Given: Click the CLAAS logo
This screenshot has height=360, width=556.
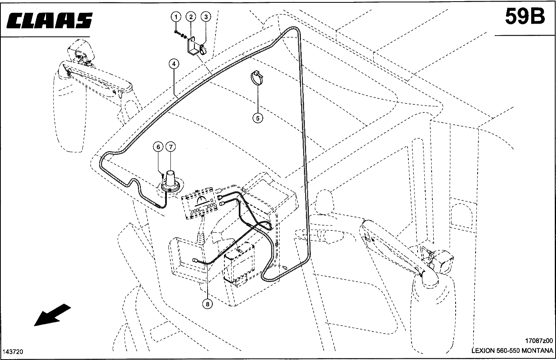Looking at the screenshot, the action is tap(49, 20).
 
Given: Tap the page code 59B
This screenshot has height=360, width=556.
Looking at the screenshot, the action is tap(525, 17).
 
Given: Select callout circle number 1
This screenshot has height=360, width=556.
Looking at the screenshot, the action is tap(176, 17).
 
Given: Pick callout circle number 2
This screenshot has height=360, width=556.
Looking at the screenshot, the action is tap(191, 17).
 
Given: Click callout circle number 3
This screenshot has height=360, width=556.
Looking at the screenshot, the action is tap(206, 17).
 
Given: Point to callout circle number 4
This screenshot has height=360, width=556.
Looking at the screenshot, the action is tap(174, 64).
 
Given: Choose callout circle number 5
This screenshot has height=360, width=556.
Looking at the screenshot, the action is tap(258, 118).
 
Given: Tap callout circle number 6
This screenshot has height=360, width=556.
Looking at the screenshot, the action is tap(158, 147).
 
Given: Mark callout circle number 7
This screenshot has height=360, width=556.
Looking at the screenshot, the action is tap(170, 147).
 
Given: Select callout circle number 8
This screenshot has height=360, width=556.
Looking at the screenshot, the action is tap(208, 304).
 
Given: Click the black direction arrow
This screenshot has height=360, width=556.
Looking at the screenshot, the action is tap(53, 315).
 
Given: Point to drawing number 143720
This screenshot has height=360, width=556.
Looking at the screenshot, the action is tap(13, 352).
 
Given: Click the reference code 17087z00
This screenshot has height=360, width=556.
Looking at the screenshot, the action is tap(539, 341).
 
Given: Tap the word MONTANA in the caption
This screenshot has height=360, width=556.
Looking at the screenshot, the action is tap(537, 351).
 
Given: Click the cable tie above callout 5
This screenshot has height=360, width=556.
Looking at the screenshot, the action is tap(257, 78).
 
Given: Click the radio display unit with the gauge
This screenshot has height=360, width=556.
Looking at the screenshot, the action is tap(200, 204).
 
